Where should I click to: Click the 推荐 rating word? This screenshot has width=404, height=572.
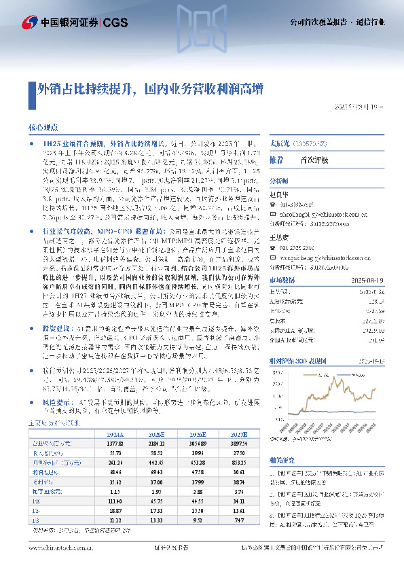276,160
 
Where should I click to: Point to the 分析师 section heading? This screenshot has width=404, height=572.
279,182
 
